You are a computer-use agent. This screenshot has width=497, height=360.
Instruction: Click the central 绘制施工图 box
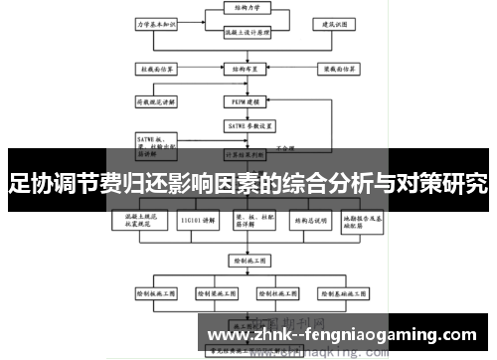245,260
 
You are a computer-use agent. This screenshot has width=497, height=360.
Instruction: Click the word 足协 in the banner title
27,183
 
